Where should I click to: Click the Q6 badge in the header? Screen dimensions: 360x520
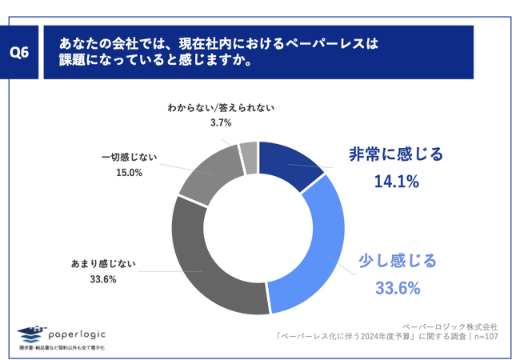(22, 53)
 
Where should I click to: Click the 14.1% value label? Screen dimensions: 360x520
(397, 182)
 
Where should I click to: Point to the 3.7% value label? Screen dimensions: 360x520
(221, 122)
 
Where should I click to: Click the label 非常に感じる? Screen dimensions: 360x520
(397, 155)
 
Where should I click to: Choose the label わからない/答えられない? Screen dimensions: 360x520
(221, 106)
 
